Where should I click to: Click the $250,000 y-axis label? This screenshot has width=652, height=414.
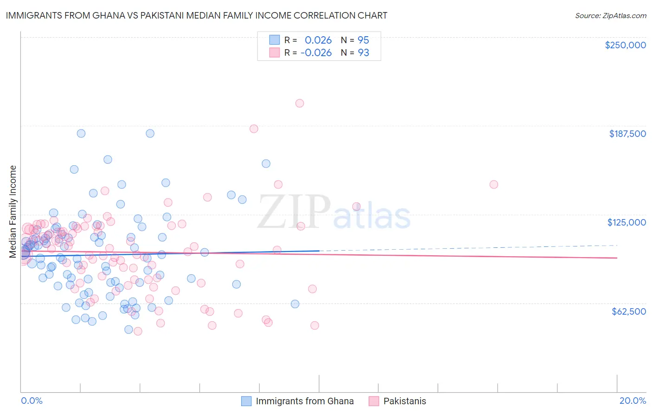(625, 45)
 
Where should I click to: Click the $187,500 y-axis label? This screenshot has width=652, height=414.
(627, 134)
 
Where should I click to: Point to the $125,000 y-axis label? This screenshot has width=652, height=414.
(626, 222)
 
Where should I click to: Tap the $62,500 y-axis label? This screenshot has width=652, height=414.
(628, 311)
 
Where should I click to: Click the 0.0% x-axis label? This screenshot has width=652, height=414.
(32, 401)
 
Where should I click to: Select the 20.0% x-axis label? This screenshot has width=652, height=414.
(633, 401)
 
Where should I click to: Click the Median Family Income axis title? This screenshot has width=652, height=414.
(13, 211)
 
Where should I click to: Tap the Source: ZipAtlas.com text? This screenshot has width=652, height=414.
(610, 15)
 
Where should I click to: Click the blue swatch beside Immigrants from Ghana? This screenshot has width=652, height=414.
(246, 401)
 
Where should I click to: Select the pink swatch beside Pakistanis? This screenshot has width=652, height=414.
(374, 401)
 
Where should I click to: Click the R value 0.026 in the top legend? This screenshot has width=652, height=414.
(318, 40)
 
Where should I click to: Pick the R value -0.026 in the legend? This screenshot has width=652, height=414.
(316, 53)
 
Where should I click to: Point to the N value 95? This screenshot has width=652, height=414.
(363, 40)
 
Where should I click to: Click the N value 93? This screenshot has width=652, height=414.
(363, 53)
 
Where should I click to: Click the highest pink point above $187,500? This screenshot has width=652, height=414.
(300, 103)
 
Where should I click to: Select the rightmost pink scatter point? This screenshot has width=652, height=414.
(494, 185)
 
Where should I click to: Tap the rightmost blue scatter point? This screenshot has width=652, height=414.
(295, 304)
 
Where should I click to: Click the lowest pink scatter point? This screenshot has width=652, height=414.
(138, 331)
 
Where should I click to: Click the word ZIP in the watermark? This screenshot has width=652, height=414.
(294, 212)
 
